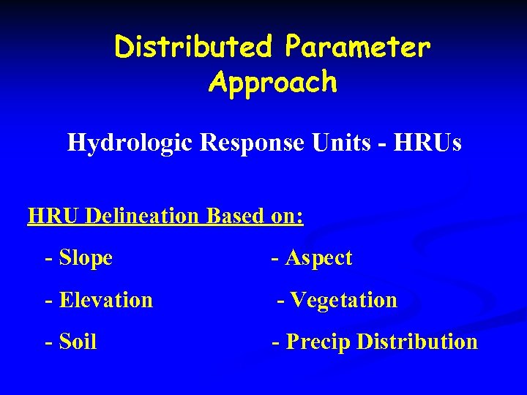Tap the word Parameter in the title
click(x=358, y=48)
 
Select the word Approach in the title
click(x=272, y=83)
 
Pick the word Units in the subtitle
click(x=337, y=142)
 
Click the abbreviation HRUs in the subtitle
click(x=427, y=142)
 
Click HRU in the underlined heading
click(x=53, y=217)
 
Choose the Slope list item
click(x=85, y=257)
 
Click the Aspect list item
click(x=318, y=257)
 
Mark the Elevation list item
click(x=105, y=300)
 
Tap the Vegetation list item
click(x=343, y=300)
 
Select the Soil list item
click(x=78, y=342)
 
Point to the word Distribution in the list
click(x=417, y=342)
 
